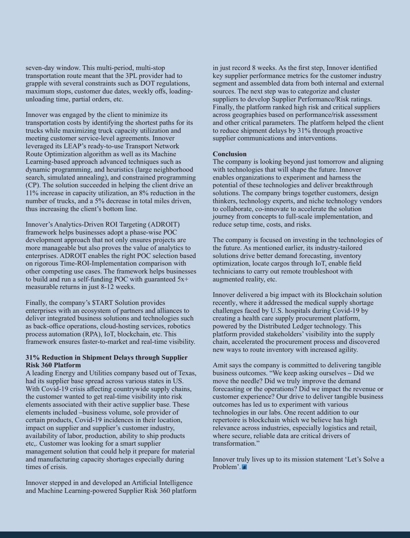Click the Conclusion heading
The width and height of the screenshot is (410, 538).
pyautogui.click(x=230, y=154)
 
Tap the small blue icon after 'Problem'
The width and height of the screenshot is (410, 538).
pyautogui.click(x=244, y=467)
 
